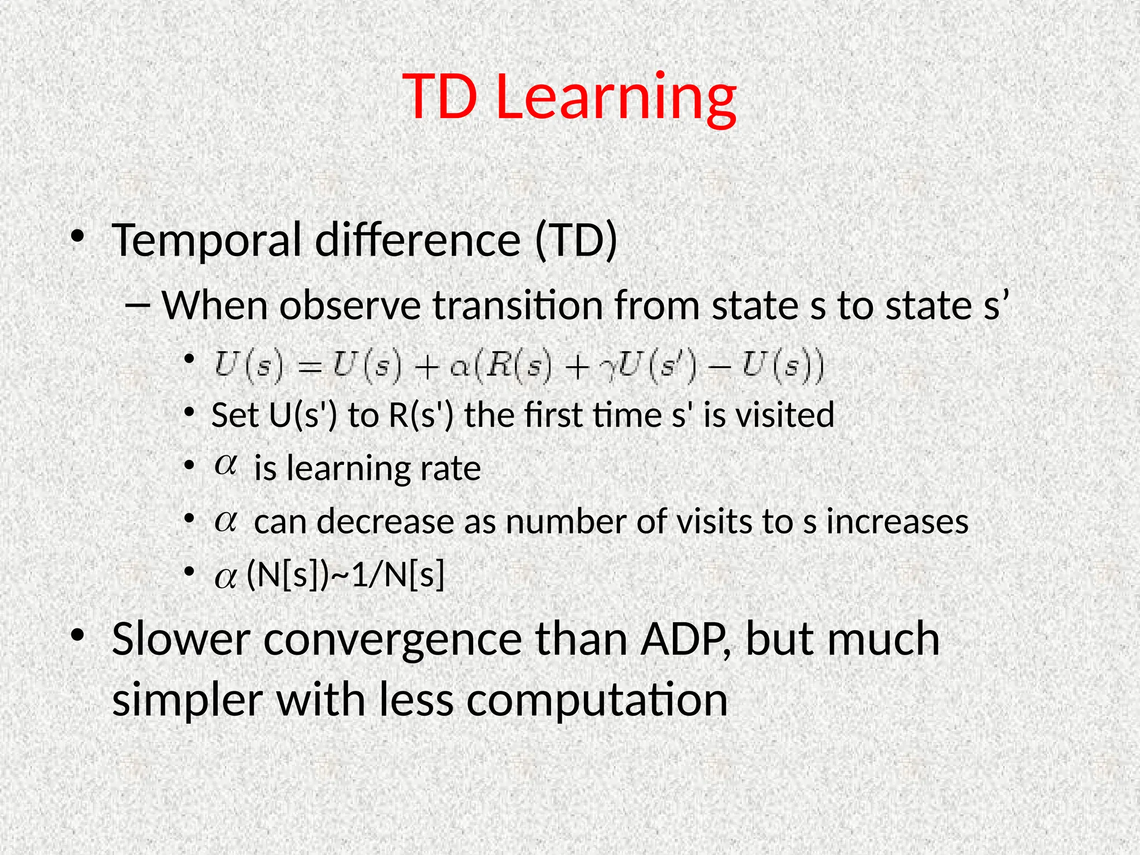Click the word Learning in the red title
(x=616, y=97)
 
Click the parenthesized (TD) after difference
(x=576, y=240)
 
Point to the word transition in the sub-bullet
(x=518, y=306)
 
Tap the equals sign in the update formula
(x=309, y=367)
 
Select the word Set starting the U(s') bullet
(x=235, y=415)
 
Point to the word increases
(x=897, y=522)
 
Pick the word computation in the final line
(x=597, y=700)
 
